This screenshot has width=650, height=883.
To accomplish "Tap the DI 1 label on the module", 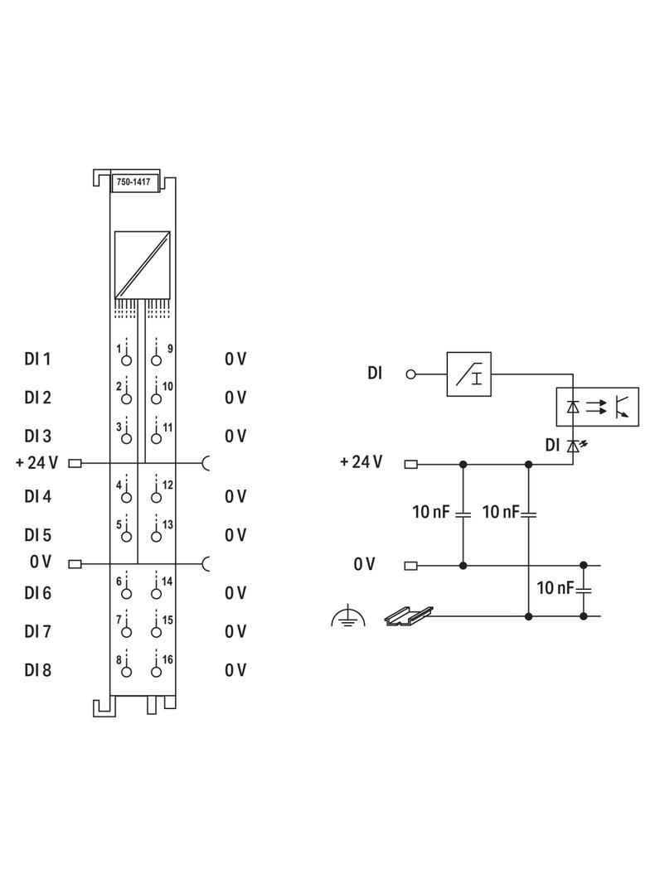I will tap(37, 359).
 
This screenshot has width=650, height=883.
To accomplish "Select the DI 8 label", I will tap(37, 669).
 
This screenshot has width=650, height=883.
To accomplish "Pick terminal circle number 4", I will tap(127, 497).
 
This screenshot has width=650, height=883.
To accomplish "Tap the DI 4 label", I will tap(37, 496).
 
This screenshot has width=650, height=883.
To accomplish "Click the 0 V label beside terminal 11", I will tap(235, 436).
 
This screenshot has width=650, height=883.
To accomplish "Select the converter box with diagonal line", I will tap(142, 264).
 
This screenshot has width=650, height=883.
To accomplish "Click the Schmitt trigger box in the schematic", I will tap(470, 374).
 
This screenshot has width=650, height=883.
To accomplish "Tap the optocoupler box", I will tap(597, 407).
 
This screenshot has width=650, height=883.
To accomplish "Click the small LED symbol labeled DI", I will tap(572, 446).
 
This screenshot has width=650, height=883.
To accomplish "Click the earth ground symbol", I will tap(348, 617).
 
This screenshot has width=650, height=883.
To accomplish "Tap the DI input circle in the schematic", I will tap(410, 374).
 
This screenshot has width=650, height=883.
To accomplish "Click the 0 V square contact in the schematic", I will tap(410, 565).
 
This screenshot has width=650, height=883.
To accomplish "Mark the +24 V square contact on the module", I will tap(75, 463).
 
